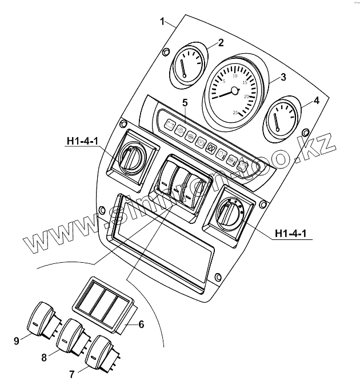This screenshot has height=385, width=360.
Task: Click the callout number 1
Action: [x=163, y=22]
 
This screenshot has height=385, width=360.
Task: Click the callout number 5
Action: [x=185, y=103]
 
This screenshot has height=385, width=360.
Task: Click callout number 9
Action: [x=16, y=341]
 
